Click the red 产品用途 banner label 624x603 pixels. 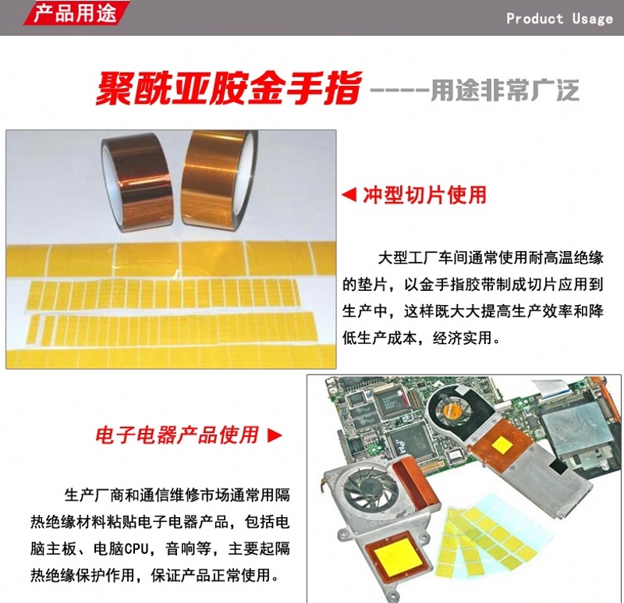tap(76, 12)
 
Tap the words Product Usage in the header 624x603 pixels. tap(559, 19)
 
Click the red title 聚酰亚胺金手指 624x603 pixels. tap(229, 88)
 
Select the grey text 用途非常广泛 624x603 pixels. tap(505, 90)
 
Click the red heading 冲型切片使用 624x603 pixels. tap(424, 195)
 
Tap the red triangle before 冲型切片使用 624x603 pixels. tap(349, 195)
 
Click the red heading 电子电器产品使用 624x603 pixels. tap(177, 435)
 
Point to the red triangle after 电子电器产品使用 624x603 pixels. tap(275, 435)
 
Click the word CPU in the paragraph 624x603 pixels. tap(136, 549)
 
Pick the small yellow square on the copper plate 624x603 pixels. tap(502, 445)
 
